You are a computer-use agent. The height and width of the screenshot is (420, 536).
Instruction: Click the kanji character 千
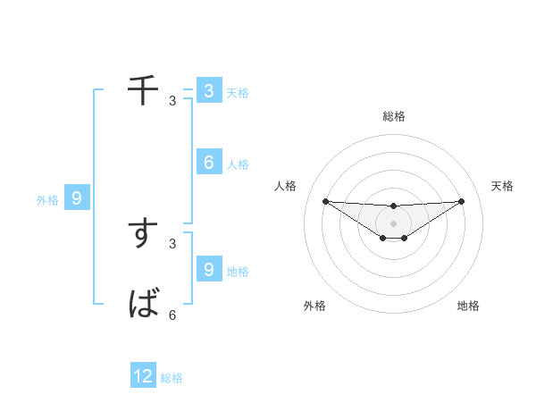pos(143,89)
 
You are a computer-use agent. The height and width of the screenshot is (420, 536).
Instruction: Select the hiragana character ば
pos(143,304)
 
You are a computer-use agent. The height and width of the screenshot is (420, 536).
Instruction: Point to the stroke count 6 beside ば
pos(172,315)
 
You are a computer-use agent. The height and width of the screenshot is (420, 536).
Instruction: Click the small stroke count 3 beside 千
pos(172,100)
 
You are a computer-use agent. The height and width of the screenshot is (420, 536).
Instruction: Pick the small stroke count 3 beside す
pos(172,243)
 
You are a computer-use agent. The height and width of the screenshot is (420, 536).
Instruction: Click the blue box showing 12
pos(143,376)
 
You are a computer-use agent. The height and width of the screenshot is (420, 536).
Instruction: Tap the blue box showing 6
pos(208,162)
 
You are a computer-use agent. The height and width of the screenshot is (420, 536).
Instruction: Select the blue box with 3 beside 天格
pos(208,90)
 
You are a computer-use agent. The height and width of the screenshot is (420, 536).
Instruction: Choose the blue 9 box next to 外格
pos(76,197)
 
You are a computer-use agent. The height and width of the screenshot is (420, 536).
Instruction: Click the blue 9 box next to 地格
pos(208,268)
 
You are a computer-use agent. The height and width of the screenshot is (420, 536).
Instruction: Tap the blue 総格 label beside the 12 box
pos(172,378)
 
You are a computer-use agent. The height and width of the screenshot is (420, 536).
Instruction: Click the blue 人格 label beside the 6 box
pos(238,164)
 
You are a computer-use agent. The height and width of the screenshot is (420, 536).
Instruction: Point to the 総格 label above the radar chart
pos(394,116)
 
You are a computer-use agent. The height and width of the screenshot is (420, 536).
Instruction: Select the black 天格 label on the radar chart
pos(503,186)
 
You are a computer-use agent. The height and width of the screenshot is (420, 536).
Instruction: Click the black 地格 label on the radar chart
pos(468,306)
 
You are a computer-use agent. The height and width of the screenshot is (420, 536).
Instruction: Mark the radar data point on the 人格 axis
pos(325,201)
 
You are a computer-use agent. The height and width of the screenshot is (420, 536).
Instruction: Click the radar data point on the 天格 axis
pos(462,201)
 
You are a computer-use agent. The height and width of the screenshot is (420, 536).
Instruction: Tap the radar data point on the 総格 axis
pos(394,206)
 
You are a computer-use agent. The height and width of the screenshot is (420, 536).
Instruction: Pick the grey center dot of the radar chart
pos(394,223)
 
